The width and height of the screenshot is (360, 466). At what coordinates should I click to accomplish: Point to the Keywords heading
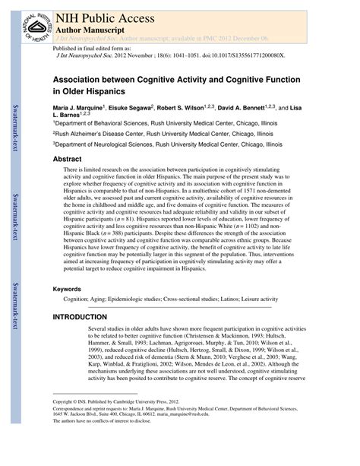68,268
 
